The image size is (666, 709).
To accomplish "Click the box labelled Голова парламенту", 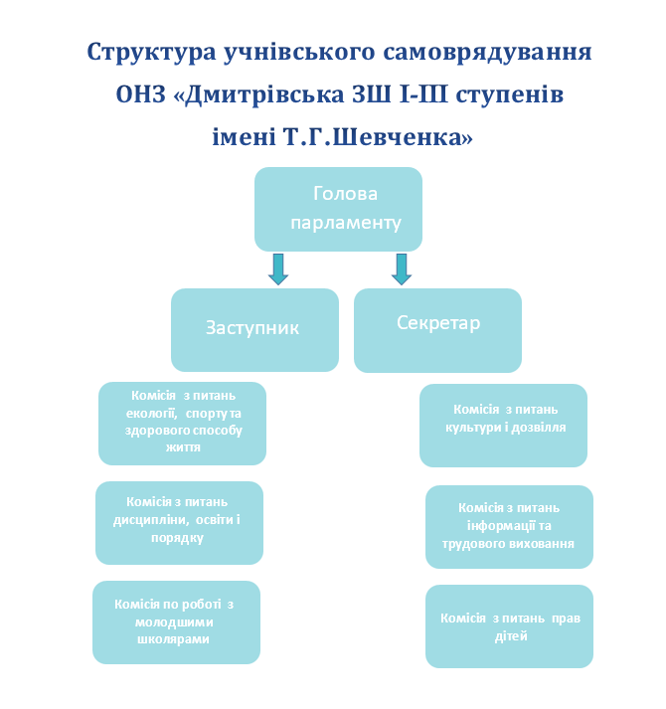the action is pos(338,209).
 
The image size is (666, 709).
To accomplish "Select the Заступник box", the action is pos(254,329).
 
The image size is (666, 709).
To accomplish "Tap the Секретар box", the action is pos(437,330).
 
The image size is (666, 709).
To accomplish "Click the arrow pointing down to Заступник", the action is pos(278,269).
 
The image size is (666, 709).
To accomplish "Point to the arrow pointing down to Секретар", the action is pos(402,269).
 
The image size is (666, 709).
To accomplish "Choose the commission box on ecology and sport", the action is pos(182,424).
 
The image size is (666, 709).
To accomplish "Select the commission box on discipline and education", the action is pos(179,523).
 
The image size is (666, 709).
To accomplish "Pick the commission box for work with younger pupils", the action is pos(176,622).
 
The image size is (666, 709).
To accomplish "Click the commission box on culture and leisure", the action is pos(503,426).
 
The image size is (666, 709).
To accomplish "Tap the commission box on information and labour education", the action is pos(509,527).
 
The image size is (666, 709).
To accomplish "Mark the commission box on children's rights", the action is pos(509,626).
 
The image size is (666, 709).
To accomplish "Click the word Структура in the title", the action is pos(151,53).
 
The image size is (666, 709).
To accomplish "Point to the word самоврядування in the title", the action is pos(487,53).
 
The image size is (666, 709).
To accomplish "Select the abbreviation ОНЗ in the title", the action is pos(140,94).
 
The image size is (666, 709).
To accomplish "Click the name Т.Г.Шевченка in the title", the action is pos(378,136).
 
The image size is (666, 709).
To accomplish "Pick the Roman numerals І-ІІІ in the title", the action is pos(423,94).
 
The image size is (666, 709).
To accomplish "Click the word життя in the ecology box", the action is pos(183,447).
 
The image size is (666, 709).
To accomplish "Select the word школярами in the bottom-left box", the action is pos(173,639).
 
